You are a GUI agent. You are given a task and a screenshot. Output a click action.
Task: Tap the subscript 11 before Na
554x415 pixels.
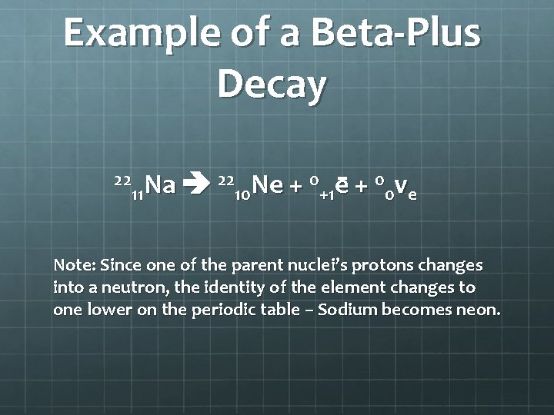coord(138,194)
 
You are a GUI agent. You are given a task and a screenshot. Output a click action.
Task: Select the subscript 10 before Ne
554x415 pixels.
coord(244,194)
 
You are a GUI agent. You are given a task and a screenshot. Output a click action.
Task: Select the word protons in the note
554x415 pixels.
coord(383,266)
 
